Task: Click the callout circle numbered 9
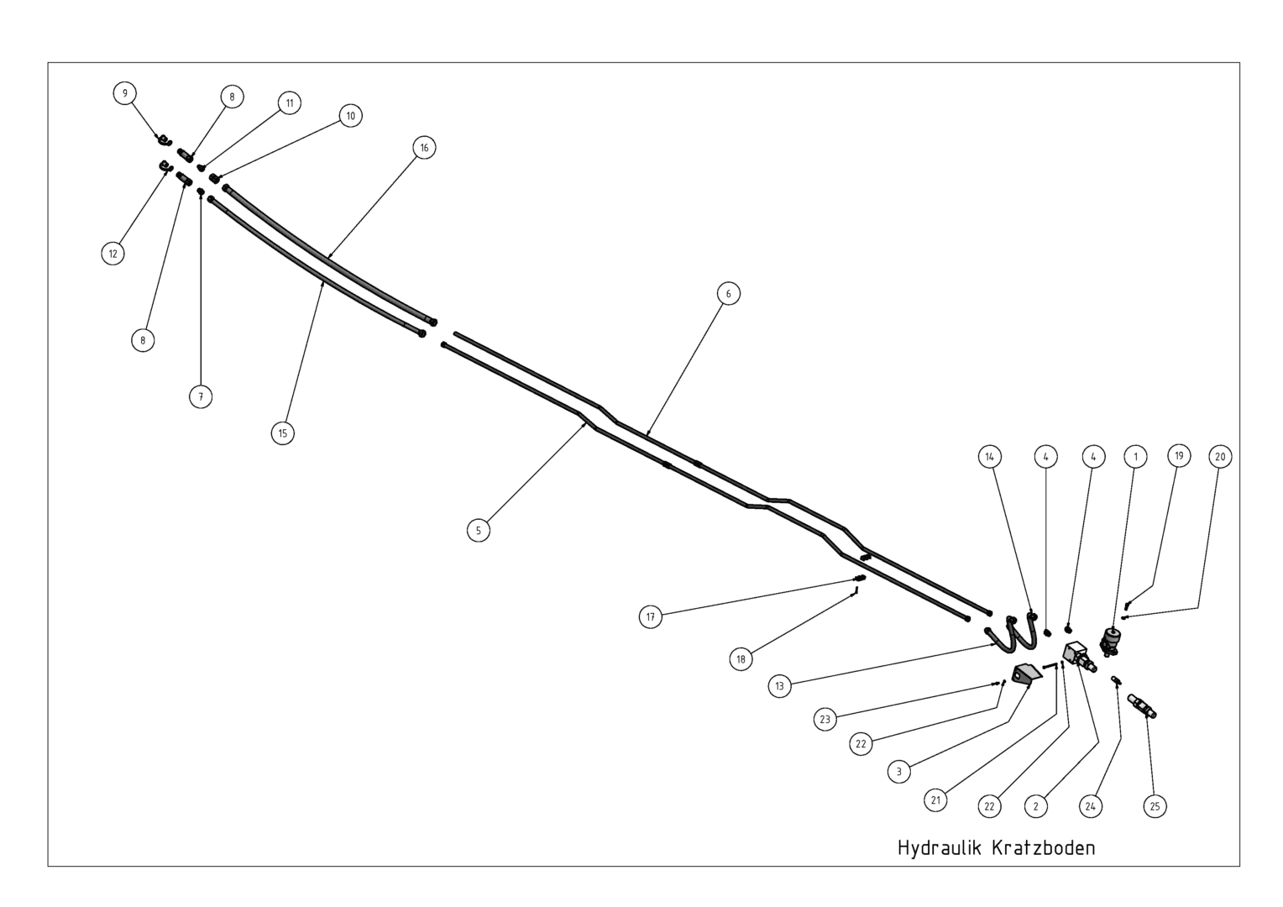[x=125, y=93]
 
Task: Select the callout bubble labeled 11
[x=290, y=103]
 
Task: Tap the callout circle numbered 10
[x=350, y=116]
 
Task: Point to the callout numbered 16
[x=424, y=148]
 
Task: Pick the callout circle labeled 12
[x=113, y=254]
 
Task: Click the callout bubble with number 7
[x=201, y=396]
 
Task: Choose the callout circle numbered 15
[x=283, y=433]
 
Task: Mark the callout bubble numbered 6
[x=729, y=293]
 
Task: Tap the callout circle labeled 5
[x=479, y=531]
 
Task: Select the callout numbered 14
[x=990, y=457]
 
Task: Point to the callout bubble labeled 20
[x=1221, y=457]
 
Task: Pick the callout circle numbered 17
[x=651, y=617]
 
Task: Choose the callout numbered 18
[x=741, y=659]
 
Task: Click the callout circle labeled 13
[x=779, y=686]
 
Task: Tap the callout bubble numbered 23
[x=825, y=719]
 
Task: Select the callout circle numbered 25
[x=1155, y=806]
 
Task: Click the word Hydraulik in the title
[x=940, y=847]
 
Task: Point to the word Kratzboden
[x=1044, y=847]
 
